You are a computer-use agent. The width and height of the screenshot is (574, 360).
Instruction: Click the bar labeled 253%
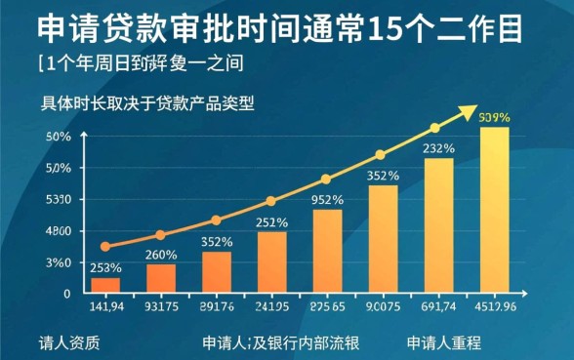(x=105, y=285)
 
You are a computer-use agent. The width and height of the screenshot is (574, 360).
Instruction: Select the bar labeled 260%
(x=161, y=278)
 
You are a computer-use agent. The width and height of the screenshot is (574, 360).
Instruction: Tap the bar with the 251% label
(x=272, y=261)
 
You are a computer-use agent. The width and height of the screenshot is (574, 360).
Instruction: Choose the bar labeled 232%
(x=438, y=224)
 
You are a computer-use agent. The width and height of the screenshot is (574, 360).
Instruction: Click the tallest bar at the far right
(x=494, y=209)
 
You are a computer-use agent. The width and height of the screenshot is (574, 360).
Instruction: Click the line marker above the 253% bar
(x=105, y=247)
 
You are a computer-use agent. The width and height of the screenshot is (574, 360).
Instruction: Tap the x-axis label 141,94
(x=105, y=308)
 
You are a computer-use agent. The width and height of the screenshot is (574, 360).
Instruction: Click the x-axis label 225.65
(x=327, y=308)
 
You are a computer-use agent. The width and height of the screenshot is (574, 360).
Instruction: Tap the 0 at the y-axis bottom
(x=67, y=293)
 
